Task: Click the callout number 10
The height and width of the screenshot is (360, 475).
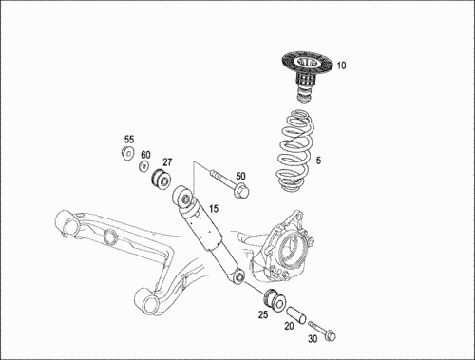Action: click(x=341, y=66)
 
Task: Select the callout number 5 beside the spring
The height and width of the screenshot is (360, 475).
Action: click(x=318, y=161)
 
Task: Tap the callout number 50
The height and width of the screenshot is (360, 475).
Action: click(x=240, y=176)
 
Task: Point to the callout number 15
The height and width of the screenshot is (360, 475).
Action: click(x=214, y=209)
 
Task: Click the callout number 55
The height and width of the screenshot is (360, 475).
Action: click(x=129, y=140)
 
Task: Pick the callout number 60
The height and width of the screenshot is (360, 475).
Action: click(x=145, y=155)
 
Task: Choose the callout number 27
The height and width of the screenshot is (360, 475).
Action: click(x=167, y=162)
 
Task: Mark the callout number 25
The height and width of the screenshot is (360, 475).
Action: click(x=263, y=314)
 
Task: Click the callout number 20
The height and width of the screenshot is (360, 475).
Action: click(x=289, y=326)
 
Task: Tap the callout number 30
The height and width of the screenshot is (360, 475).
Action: click(x=313, y=339)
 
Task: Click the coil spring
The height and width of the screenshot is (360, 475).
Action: click(x=295, y=151)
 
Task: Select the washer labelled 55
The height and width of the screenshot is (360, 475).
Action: click(x=127, y=154)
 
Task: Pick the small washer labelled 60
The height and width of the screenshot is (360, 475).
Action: click(x=143, y=166)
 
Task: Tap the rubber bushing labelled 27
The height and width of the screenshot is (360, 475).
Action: click(x=161, y=180)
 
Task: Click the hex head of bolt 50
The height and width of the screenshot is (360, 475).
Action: click(x=242, y=190)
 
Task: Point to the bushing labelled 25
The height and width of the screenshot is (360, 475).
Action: click(x=275, y=299)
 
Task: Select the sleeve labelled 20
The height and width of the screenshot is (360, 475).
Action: click(x=296, y=314)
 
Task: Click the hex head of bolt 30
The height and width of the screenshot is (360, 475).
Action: click(x=331, y=335)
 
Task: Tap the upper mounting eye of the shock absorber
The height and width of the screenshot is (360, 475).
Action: click(x=182, y=197)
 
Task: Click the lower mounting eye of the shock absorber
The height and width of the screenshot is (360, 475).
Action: click(x=238, y=276)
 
